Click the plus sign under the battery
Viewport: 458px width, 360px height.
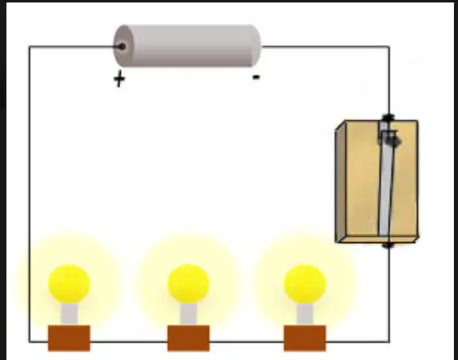(x=119, y=79)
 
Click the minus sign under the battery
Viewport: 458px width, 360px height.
(x=256, y=77)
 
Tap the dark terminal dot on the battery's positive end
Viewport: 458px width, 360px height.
(x=122, y=46)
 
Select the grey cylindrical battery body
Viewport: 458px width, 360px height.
(x=187, y=46)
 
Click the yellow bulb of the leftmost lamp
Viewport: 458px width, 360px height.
(x=69, y=284)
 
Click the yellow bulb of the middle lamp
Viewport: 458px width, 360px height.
(x=188, y=284)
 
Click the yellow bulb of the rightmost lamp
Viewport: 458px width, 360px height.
(x=305, y=284)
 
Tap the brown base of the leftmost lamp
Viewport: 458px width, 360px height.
(x=69, y=338)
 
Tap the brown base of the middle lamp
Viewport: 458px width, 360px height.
(x=188, y=338)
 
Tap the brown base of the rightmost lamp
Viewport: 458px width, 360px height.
(x=305, y=338)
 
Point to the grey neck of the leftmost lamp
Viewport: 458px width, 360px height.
(x=69, y=314)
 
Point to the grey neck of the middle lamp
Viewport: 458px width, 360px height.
(x=188, y=314)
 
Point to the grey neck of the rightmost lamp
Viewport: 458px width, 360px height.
(x=305, y=314)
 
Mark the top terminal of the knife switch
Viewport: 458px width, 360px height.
(x=389, y=118)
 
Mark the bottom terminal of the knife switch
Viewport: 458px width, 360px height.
(x=388, y=245)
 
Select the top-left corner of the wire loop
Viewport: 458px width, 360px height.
(x=29, y=46)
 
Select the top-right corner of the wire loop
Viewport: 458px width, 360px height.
(x=389, y=46)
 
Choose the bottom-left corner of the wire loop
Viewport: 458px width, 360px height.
(x=29, y=341)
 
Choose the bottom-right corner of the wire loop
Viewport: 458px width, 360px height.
(x=389, y=341)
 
